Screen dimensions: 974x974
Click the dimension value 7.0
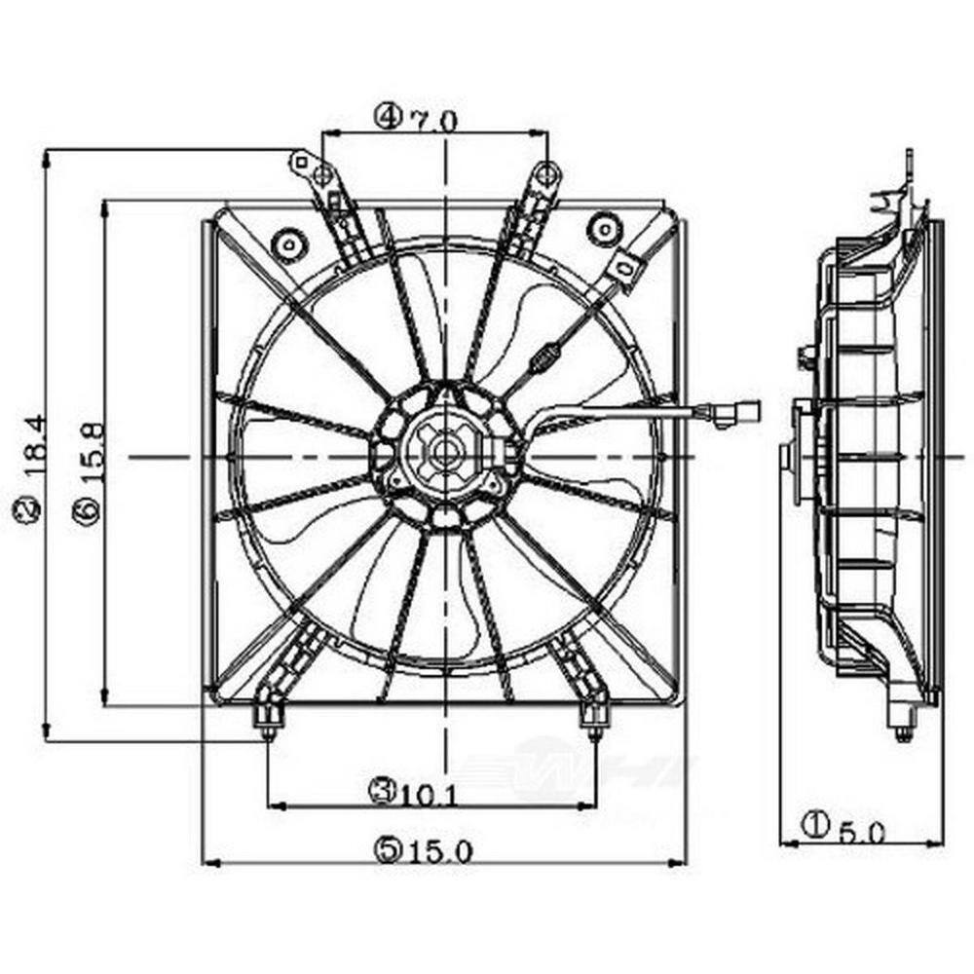coord(434,120)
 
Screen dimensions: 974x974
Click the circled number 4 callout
coord(387,119)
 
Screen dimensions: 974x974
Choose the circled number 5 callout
coord(387,849)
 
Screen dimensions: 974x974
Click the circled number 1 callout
coord(813,827)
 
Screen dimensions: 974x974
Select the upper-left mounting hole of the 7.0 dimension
coord(323,175)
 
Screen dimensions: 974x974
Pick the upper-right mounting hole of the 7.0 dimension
coord(547,175)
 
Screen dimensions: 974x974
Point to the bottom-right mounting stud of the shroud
coord(593,721)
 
